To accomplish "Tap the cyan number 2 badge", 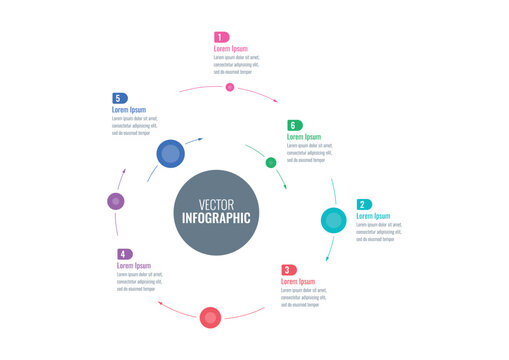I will click(364, 205).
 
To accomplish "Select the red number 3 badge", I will click(288, 270).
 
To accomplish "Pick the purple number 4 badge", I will click(124, 255).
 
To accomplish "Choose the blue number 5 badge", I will click(119, 98).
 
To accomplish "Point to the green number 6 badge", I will click(294, 125).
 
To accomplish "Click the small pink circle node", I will click(230, 87).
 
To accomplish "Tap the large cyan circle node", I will click(334, 220).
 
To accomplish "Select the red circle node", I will click(210, 318).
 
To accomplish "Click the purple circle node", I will click(116, 201).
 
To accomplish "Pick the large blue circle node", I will click(170, 154).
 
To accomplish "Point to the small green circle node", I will click(271, 162).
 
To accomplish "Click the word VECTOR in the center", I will click(216, 204).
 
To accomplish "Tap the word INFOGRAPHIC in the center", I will click(216, 218).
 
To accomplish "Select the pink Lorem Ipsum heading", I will click(230, 48).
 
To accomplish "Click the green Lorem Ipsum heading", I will click(304, 137).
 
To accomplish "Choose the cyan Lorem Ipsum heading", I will click(374, 216).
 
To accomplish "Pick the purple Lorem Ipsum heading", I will click(134, 266).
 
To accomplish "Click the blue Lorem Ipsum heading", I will click(129, 110).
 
